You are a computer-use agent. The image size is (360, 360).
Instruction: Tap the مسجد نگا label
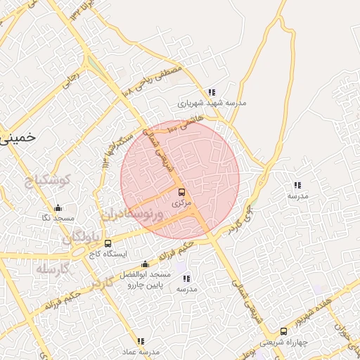point(57,219)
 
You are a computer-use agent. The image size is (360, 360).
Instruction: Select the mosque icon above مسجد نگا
point(58,208)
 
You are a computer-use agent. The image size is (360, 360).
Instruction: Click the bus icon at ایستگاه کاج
point(108,243)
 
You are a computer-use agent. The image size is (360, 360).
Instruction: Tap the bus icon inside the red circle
point(181,192)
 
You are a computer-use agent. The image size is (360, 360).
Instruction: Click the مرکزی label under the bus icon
point(181,202)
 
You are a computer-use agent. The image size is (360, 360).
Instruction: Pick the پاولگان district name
point(78,237)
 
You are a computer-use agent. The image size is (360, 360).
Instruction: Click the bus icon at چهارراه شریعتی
point(283,331)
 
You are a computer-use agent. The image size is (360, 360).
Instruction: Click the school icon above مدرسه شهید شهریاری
point(212,92)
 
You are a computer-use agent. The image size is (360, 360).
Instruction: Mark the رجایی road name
point(70,83)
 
